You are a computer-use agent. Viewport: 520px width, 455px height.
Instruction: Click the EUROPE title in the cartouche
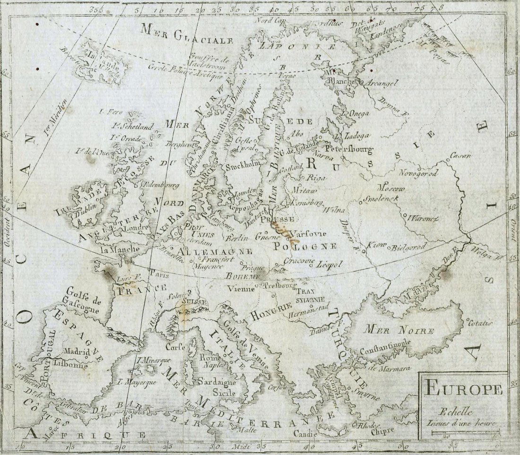(463, 389)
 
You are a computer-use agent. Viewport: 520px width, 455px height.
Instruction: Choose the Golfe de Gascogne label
(83, 300)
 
